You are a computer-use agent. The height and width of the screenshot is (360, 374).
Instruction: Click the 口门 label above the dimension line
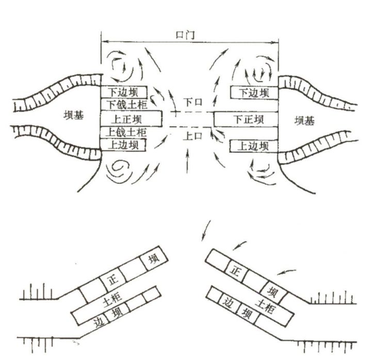click(185, 35)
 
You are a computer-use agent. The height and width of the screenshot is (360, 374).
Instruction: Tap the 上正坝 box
click(131, 118)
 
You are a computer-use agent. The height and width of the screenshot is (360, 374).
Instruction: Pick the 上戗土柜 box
click(124, 132)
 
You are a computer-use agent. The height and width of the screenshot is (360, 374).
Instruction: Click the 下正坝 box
click(246, 119)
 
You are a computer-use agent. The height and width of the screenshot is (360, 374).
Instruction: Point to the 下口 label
click(193, 102)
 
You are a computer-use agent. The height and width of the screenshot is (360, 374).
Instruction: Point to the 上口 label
click(193, 136)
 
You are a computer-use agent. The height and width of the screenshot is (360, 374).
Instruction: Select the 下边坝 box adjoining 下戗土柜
click(124, 92)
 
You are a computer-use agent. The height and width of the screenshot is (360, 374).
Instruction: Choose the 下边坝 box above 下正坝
click(254, 92)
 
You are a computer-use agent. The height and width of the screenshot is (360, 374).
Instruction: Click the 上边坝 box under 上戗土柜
click(123, 145)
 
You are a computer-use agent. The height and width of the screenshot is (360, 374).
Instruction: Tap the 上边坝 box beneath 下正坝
click(254, 146)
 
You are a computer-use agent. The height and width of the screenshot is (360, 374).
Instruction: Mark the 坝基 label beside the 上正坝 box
click(74, 115)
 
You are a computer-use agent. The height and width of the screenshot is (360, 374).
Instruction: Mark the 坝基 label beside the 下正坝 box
click(304, 120)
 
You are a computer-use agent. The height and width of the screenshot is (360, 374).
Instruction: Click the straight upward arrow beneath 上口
click(187, 161)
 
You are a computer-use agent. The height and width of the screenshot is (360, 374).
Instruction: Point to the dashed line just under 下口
click(191, 112)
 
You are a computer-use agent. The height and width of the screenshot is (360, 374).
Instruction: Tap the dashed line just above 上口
click(190, 127)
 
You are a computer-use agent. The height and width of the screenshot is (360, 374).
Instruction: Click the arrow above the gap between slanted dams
click(206, 230)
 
